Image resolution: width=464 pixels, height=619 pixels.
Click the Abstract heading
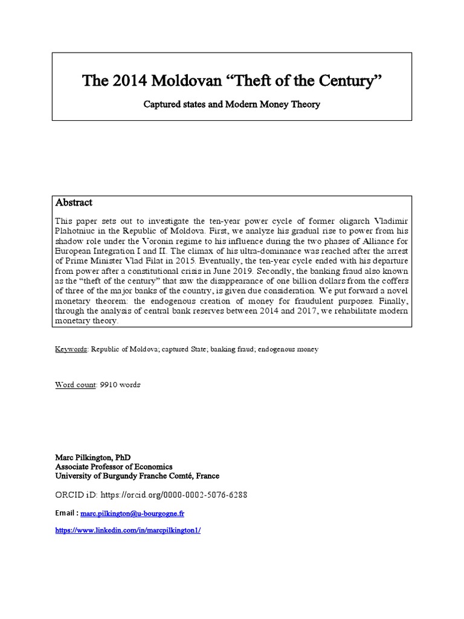click(74, 203)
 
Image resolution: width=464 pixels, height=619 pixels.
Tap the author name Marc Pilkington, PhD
click(92, 458)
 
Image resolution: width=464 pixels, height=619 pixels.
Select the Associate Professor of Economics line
click(114, 467)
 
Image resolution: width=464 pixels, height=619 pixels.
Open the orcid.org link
click(173, 494)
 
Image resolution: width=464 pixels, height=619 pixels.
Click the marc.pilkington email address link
click(132, 513)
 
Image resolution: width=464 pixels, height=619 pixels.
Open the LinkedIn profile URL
click(127, 530)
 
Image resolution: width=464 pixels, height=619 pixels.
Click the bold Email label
click(66, 513)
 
